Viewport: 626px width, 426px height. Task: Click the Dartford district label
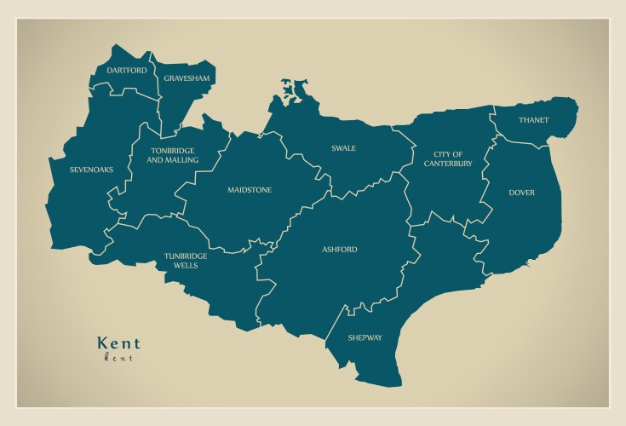pos(126,70)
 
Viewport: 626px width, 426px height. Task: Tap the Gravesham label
pos(187,78)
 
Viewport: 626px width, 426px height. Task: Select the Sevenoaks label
pos(92,170)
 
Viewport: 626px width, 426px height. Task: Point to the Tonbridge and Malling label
pos(174,155)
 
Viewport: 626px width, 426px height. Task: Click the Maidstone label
pos(250,190)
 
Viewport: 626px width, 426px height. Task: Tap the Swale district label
pos(343,148)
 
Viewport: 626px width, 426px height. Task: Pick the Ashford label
pos(340,250)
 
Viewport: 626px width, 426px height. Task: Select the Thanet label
pos(533,120)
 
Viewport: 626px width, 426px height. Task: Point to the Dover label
pos(522,193)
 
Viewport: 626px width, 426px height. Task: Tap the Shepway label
pos(365,338)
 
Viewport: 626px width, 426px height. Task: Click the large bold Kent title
pos(119,343)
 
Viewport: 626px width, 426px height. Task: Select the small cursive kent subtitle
pos(118,358)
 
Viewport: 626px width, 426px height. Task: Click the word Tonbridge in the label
pos(174,151)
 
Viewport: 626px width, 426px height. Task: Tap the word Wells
pos(186,266)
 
